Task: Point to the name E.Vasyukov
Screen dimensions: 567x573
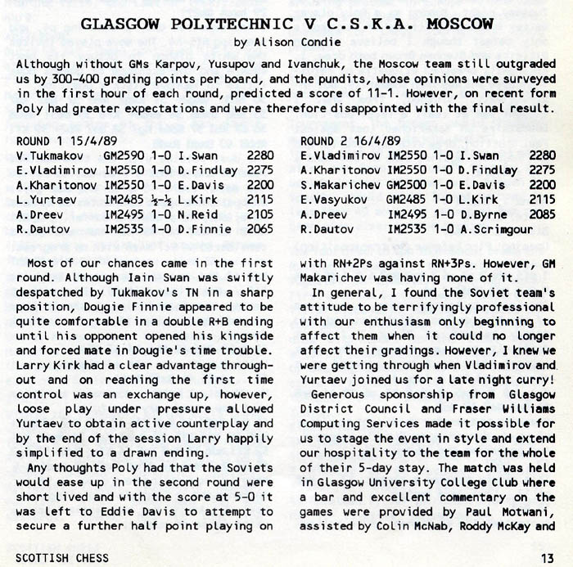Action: click(333, 200)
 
